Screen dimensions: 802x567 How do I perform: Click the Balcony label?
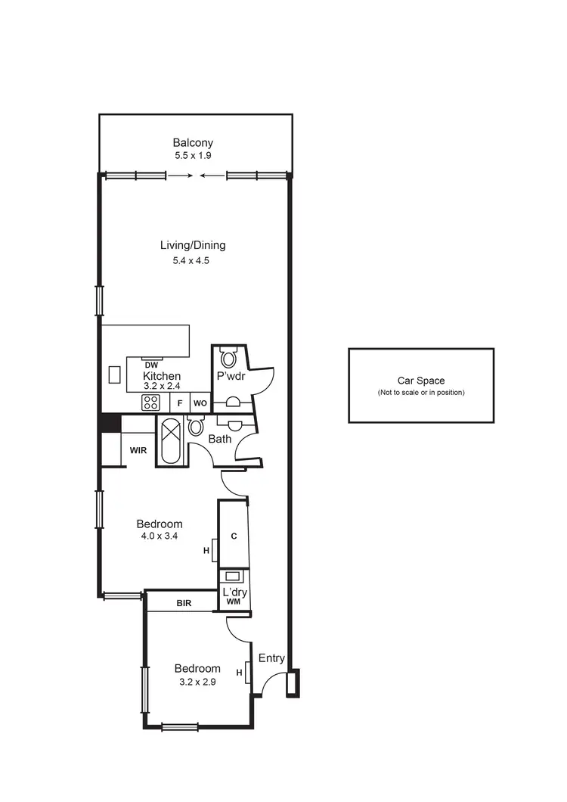pyautogui.click(x=193, y=142)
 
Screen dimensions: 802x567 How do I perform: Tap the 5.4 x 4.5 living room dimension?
pyautogui.click(x=193, y=260)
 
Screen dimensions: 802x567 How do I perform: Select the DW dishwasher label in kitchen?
pyautogui.click(x=151, y=365)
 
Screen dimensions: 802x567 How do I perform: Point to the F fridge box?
pyautogui.click(x=180, y=403)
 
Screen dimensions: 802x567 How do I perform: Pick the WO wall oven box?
pyautogui.click(x=200, y=403)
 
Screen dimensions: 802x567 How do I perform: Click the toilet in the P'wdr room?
pyautogui.click(x=228, y=357)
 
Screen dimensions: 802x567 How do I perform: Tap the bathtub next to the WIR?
pyautogui.click(x=168, y=440)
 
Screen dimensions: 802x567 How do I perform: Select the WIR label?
pyautogui.click(x=138, y=450)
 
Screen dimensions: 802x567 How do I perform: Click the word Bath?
pyautogui.click(x=219, y=439)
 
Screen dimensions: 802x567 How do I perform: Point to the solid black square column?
pyautogui.click(x=110, y=422)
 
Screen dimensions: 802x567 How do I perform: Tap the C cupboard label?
pyautogui.click(x=234, y=536)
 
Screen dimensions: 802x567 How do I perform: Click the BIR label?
pyautogui.click(x=184, y=603)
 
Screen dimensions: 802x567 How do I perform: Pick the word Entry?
pyautogui.click(x=271, y=658)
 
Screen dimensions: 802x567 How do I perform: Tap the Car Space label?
pyautogui.click(x=421, y=381)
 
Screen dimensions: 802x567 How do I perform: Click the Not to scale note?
pyautogui.click(x=421, y=393)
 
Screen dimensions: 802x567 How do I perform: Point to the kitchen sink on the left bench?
pyautogui.click(x=115, y=375)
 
